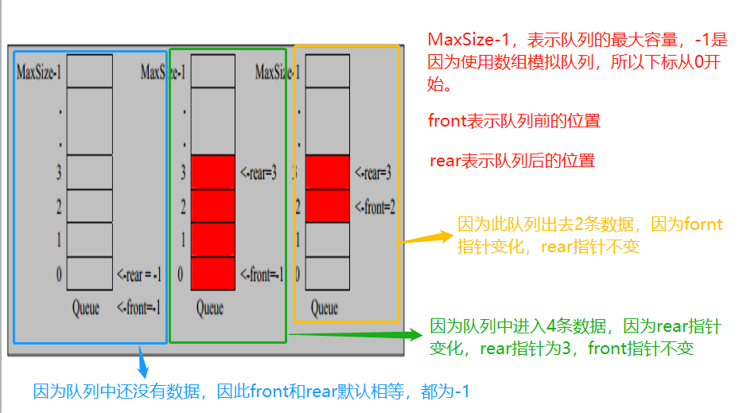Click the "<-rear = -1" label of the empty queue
click(139, 275)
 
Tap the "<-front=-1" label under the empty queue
click(138, 307)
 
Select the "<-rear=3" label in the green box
click(259, 173)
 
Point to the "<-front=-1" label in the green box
click(262, 275)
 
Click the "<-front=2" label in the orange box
click(375, 207)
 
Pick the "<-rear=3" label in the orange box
click(373, 173)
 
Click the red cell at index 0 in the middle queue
click(213, 275)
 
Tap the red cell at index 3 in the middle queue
click(213, 172)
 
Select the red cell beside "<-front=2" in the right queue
click(328, 206)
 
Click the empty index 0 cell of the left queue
click(90, 275)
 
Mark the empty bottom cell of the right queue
click(328, 275)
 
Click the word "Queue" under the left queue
click(86, 307)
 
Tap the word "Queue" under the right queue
click(325, 307)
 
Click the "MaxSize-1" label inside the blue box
click(39, 73)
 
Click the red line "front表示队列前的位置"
click(513, 121)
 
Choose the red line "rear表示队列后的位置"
click(511, 161)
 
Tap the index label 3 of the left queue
click(59, 173)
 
